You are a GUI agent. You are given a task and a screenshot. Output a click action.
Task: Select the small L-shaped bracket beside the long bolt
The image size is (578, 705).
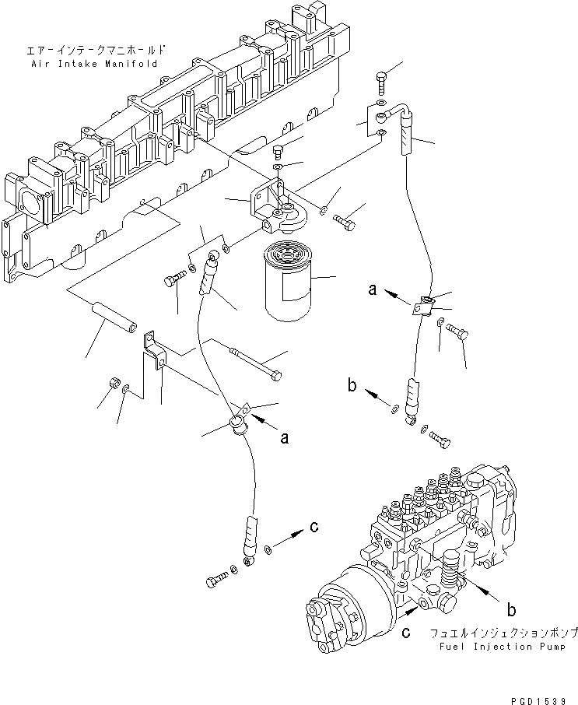[x=156, y=354]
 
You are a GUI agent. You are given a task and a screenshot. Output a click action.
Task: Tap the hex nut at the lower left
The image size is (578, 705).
[x=113, y=384]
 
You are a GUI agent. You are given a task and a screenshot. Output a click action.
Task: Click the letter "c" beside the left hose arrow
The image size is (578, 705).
[x=314, y=528]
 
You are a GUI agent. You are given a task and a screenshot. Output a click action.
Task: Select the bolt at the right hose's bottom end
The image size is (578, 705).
[x=440, y=440]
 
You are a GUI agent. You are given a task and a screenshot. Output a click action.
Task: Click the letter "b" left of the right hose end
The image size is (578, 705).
[x=353, y=384]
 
